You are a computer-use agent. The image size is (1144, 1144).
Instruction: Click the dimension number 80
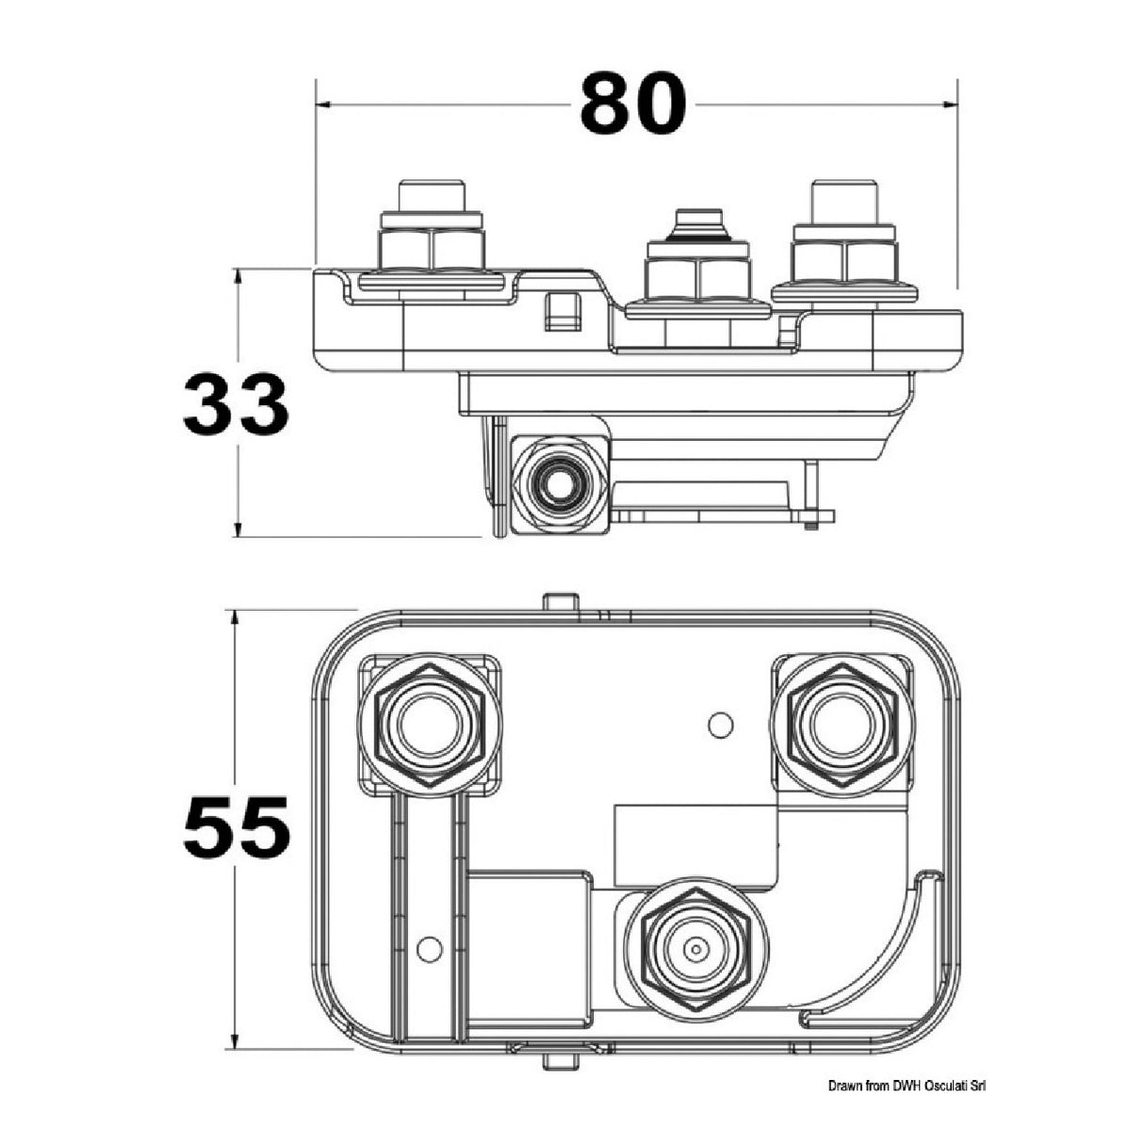click(x=632, y=103)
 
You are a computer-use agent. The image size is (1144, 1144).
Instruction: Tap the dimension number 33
click(x=236, y=404)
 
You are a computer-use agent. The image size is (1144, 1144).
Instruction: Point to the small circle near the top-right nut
click(x=719, y=725)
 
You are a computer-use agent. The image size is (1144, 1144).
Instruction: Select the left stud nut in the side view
click(x=432, y=249)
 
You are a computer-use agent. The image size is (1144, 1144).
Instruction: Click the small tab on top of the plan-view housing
click(x=560, y=602)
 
